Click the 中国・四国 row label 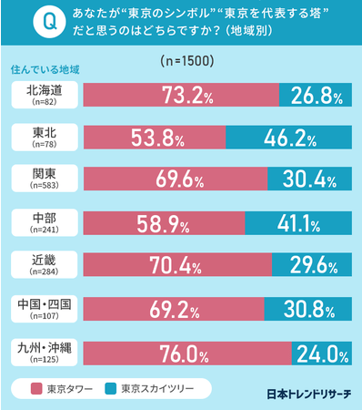pos(44,308)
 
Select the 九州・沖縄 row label pos(44,351)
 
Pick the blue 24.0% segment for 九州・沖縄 pos(321,351)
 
